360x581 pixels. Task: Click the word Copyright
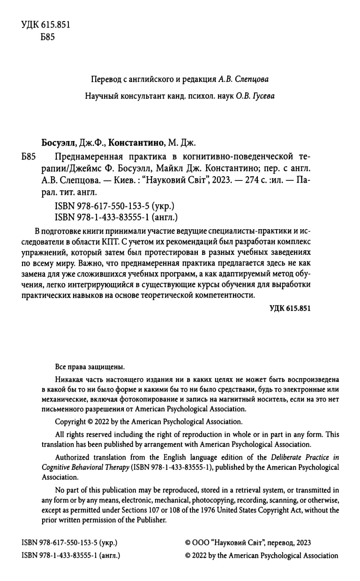(70, 422)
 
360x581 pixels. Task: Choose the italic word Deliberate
(289, 457)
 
